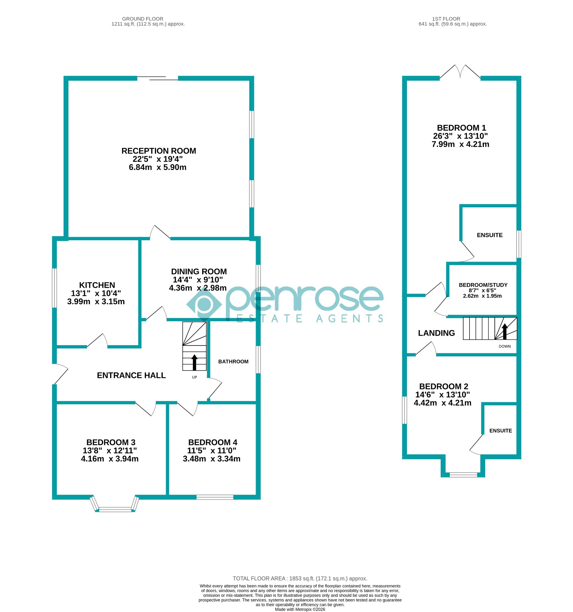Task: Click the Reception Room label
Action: coord(159,151)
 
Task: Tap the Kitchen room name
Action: coord(97,285)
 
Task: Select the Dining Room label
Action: coord(199,272)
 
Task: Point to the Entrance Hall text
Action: coord(131,375)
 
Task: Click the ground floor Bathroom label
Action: coord(233,361)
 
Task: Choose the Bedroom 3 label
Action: coord(111,442)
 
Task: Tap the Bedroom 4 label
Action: coord(213,442)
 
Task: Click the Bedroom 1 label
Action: coord(461,128)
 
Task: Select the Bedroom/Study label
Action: coord(483,285)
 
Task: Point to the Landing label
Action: coord(436,333)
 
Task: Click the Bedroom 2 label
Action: coord(444,386)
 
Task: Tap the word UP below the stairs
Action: coord(194,377)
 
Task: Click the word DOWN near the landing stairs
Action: coord(505,346)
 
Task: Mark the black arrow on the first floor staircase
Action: coord(505,331)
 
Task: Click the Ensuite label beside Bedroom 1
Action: coord(490,235)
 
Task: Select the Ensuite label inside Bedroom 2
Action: coord(501,430)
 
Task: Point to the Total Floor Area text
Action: coord(300,579)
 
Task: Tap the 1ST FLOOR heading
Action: coord(446,19)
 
